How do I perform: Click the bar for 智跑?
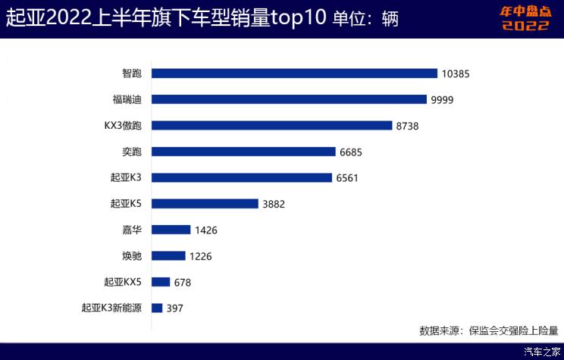click(295, 74)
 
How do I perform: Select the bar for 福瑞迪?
click(290, 99)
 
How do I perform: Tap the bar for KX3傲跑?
click(271, 125)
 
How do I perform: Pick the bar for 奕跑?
click(243, 152)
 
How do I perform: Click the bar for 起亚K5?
click(205, 203)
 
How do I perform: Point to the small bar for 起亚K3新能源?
click(157, 308)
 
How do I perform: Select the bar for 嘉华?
click(171, 230)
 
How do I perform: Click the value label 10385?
click(457, 74)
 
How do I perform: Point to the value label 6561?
click(349, 178)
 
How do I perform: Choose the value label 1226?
click(199, 256)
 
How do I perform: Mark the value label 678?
click(182, 283)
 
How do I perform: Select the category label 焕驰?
click(131, 255)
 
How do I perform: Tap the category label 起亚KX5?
click(123, 282)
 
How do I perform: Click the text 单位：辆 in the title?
click(366, 17)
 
